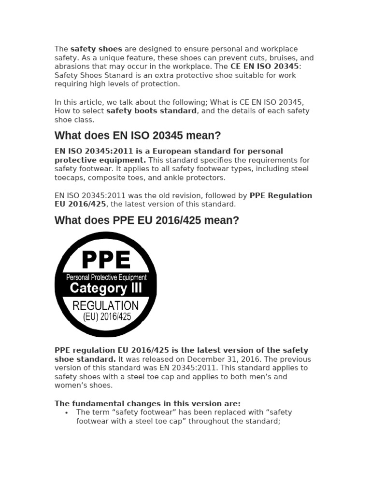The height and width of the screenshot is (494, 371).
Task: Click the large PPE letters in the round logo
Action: (x=106, y=261)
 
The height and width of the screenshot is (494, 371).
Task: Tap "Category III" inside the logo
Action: (x=106, y=288)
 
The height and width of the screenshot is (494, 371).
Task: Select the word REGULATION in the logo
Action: (x=105, y=305)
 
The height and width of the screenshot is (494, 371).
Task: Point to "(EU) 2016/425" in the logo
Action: (x=106, y=317)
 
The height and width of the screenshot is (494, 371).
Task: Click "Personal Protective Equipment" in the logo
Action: (x=106, y=277)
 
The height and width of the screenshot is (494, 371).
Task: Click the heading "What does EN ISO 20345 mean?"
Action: (x=138, y=135)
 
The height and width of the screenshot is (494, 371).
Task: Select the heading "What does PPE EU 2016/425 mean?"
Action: (x=147, y=220)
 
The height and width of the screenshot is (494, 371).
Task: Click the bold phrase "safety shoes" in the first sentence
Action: (x=96, y=49)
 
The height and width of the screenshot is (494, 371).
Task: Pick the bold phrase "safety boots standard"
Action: (x=151, y=111)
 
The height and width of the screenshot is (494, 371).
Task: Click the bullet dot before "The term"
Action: (x=66, y=413)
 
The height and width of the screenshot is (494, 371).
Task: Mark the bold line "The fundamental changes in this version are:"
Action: (x=147, y=404)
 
